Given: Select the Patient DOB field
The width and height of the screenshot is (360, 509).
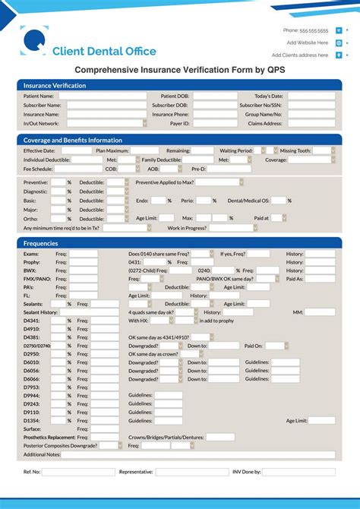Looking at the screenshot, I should click(x=215, y=96).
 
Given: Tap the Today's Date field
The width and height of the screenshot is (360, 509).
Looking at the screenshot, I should click(x=311, y=96).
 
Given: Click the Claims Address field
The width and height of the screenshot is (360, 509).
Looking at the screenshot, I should click(x=311, y=122).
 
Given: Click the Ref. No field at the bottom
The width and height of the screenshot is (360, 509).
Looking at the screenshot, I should click(x=78, y=472).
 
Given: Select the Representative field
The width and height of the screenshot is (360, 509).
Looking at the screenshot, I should click(x=191, y=472).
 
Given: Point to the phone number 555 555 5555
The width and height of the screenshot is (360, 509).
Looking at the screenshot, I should click(x=314, y=31).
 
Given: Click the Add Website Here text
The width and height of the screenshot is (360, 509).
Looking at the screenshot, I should click(x=307, y=43).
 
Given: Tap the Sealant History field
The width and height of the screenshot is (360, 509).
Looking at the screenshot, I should click(x=90, y=312).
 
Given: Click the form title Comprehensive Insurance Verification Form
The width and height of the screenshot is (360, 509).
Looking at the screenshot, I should click(x=179, y=69).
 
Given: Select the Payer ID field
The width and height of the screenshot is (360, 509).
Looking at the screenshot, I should click(x=215, y=122).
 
